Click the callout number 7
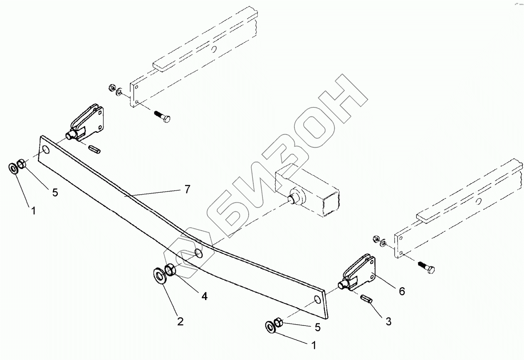click(187, 190)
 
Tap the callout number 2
click(180, 321)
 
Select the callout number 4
click(204, 296)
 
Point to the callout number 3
click(388, 321)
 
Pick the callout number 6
click(401, 291)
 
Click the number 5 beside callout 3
click(317, 327)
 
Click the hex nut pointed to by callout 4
click(171, 271)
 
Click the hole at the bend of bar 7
click(199, 253)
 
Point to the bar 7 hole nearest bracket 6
click(317, 300)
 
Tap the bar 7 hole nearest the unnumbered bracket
click(45, 150)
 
